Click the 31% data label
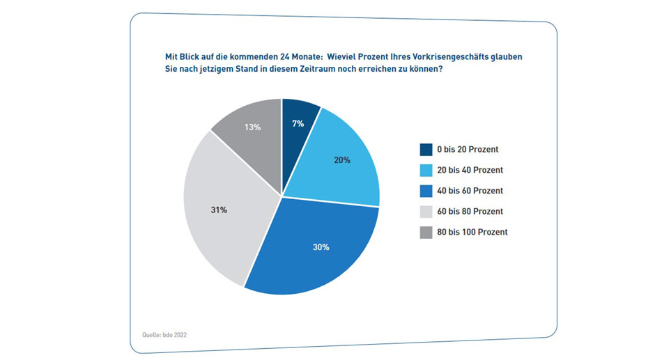pyautogui.click(x=219, y=210)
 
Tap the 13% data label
pyautogui.click(x=252, y=127)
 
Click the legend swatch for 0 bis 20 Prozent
pyautogui.click(x=426, y=149)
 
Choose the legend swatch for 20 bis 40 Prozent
pyautogui.click(x=426, y=170)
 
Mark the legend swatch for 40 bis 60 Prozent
pyautogui.click(x=426, y=191)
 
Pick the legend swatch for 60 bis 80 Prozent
pyautogui.click(x=426, y=211)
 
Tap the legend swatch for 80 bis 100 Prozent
pyautogui.click(x=426, y=232)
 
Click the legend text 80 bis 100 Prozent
pyautogui.click(x=472, y=232)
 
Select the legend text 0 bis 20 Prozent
pyautogui.click(x=468, y=149)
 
